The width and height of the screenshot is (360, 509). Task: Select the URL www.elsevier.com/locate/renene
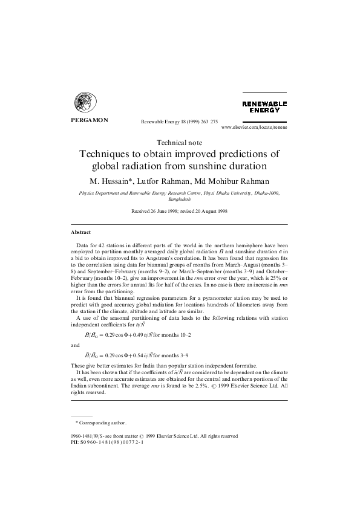point(255,128)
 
